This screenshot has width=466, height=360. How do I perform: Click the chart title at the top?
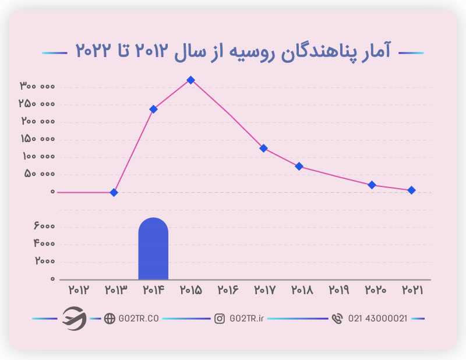point(233,51)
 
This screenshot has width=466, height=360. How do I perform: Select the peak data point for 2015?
point(190,80)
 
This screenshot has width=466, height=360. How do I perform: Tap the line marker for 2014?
point(153,109)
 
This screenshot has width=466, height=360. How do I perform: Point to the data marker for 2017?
point(263,148)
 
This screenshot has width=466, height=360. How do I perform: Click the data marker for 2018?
point(299,166)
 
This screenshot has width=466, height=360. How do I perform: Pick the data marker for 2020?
point(372,185)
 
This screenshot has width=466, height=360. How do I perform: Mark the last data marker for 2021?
point(411,190)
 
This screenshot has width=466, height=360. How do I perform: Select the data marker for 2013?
point(114,192)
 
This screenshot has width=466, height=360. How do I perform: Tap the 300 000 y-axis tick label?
point(37,86)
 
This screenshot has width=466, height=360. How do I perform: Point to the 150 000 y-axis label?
point(37,139)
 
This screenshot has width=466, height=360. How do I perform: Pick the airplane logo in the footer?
point(74,318)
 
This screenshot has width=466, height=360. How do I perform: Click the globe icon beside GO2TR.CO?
point(109,319)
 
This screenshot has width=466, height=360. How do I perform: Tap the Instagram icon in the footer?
point(220,319)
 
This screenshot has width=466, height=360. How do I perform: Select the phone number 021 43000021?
point(377,319)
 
